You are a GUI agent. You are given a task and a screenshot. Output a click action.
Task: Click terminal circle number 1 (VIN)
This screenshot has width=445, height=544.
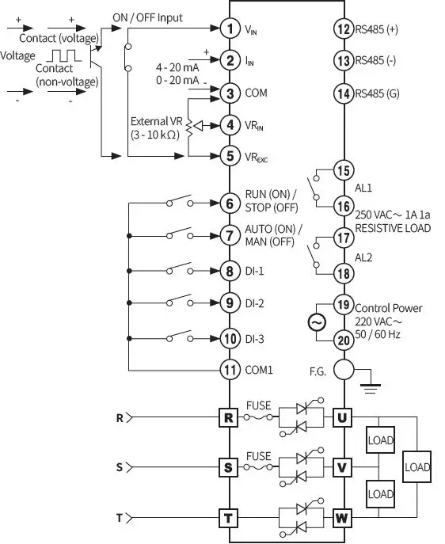[x=230, y=29]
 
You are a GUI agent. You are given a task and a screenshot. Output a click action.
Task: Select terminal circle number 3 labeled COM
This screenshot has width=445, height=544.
[x=230, y=93]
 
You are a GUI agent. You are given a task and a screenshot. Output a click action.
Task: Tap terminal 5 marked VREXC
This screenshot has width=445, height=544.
[x=230, y=155]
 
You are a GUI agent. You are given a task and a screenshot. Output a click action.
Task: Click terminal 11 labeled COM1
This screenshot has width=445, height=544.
[x=230, y=369]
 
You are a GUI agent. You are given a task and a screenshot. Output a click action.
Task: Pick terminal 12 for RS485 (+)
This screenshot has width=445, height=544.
[x=343, y=29]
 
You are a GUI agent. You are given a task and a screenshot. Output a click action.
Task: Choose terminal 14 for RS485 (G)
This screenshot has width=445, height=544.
[x=343, y=93]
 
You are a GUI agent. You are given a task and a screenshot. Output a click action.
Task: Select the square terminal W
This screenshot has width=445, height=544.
[x=342, y=519]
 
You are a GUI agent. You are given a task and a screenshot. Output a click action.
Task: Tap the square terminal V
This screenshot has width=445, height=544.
[x=342, y=467]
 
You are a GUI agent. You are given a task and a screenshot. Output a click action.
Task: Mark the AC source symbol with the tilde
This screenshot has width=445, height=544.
[x=317, y=322]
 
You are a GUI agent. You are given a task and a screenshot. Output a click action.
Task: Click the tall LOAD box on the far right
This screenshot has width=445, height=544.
[x=417, y=467]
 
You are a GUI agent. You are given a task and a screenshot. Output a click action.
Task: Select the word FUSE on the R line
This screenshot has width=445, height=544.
[x=258, y=405]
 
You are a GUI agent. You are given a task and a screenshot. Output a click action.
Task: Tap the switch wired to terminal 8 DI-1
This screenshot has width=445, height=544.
[x=179, y=269]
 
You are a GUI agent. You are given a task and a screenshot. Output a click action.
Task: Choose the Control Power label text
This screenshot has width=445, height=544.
[x=389, y=308]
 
